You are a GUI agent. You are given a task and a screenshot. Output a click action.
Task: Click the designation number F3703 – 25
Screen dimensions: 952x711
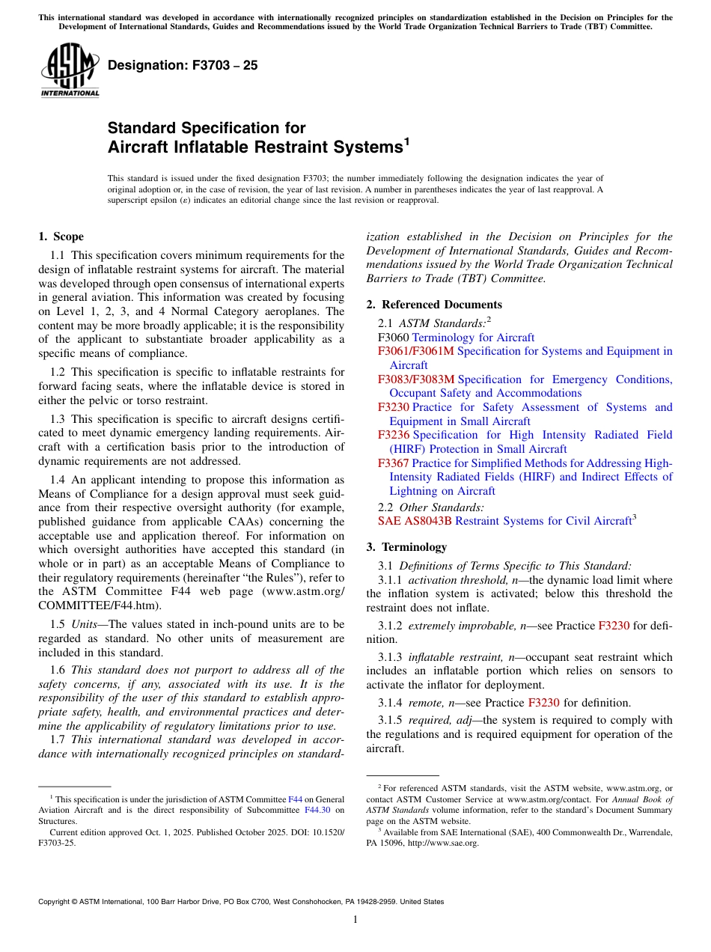click(x=183, y=66)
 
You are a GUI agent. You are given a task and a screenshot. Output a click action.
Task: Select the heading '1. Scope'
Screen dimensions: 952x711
click(x=61, y=237)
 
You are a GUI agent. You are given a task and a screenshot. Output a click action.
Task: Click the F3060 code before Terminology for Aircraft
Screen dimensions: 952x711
click(x=394, y=338)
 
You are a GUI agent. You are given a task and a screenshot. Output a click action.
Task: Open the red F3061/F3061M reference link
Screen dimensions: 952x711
click(x=416, y=351)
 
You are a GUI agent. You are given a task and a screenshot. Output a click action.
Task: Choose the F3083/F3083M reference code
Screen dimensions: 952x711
click(x=416, y=379)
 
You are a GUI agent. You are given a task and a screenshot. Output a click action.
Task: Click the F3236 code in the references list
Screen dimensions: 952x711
click(x=394, y=435)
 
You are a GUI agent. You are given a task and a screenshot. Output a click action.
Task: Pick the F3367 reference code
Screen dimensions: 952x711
click(x=394, y=463)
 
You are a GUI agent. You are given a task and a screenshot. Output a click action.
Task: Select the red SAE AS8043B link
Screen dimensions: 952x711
click(x=415, y=521)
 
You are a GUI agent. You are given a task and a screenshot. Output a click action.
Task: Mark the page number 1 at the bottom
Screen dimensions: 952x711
click(x=355, y=920)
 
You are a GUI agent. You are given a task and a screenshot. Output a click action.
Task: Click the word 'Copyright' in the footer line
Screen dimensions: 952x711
click(x=57, y=902)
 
